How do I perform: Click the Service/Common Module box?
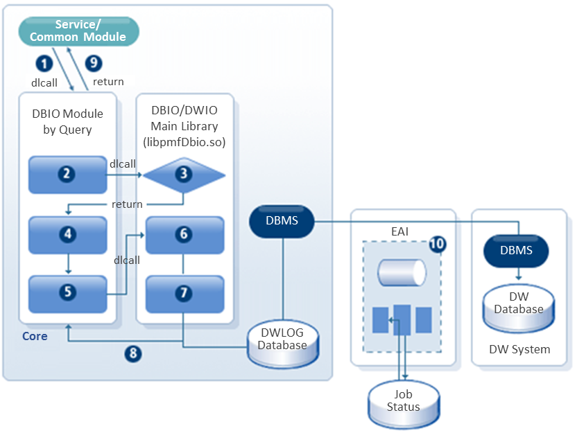tap(78, 30)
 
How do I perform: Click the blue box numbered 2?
tap(67, 175)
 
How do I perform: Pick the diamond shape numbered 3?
tap(184, 175)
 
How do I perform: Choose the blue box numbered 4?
tap(67, 235)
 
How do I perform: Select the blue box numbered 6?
tap(184, 235)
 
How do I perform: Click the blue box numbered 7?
tap(184, 293)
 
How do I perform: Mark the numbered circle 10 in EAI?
tap(438, 244)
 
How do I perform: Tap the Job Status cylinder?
tap(403, 404)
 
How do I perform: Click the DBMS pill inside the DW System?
tap(517, 250)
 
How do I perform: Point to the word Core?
tap(35, 337)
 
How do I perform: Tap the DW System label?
tap(519, 350)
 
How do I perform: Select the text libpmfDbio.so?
tap(184, 142)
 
